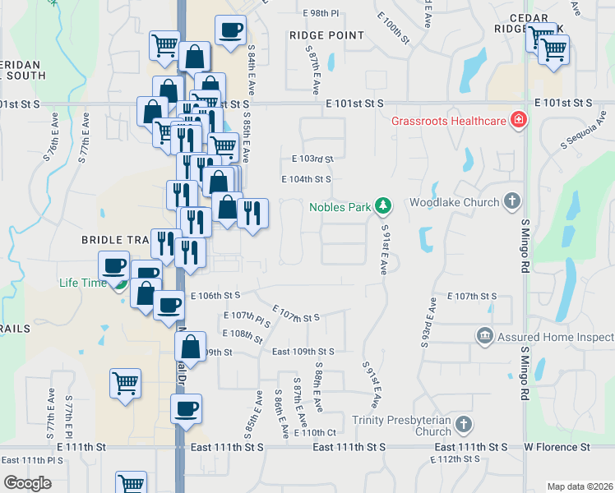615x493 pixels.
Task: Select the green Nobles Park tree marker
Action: pos(381,205)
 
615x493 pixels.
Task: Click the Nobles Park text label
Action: pos(340,207)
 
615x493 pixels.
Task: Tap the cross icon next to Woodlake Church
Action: pos(511,201)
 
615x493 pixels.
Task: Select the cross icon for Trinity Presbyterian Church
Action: pos(464,425)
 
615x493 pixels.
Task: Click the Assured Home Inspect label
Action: pos(554,337)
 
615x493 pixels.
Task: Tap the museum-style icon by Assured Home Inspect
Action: pos(484,335)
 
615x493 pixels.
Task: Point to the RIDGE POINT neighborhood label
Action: pos(326,35)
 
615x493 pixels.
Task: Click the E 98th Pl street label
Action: pos(321,14)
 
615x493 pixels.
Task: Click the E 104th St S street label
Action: pos(306,179)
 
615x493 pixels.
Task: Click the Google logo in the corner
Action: pos(27,483)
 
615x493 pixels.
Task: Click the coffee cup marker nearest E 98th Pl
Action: pos(230,30)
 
